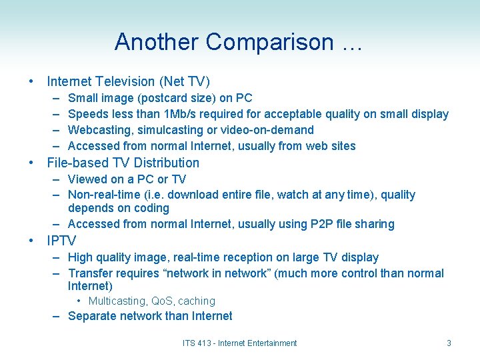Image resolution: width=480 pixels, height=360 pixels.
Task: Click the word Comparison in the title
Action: tap(269, 42)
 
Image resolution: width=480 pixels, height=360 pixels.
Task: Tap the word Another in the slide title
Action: tap(157, 42)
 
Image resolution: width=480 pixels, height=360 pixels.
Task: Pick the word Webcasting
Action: tap(98, 130)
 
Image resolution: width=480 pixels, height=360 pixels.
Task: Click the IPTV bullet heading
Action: tap(61, 241)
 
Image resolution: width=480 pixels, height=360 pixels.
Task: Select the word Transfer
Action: tap(91, 273)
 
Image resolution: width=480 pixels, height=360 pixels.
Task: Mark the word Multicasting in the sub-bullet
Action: tap(117, 301)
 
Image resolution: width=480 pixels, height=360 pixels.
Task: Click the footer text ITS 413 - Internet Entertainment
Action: tap(239, 343)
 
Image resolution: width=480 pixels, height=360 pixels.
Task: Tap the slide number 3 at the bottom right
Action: tap(449, 343)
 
